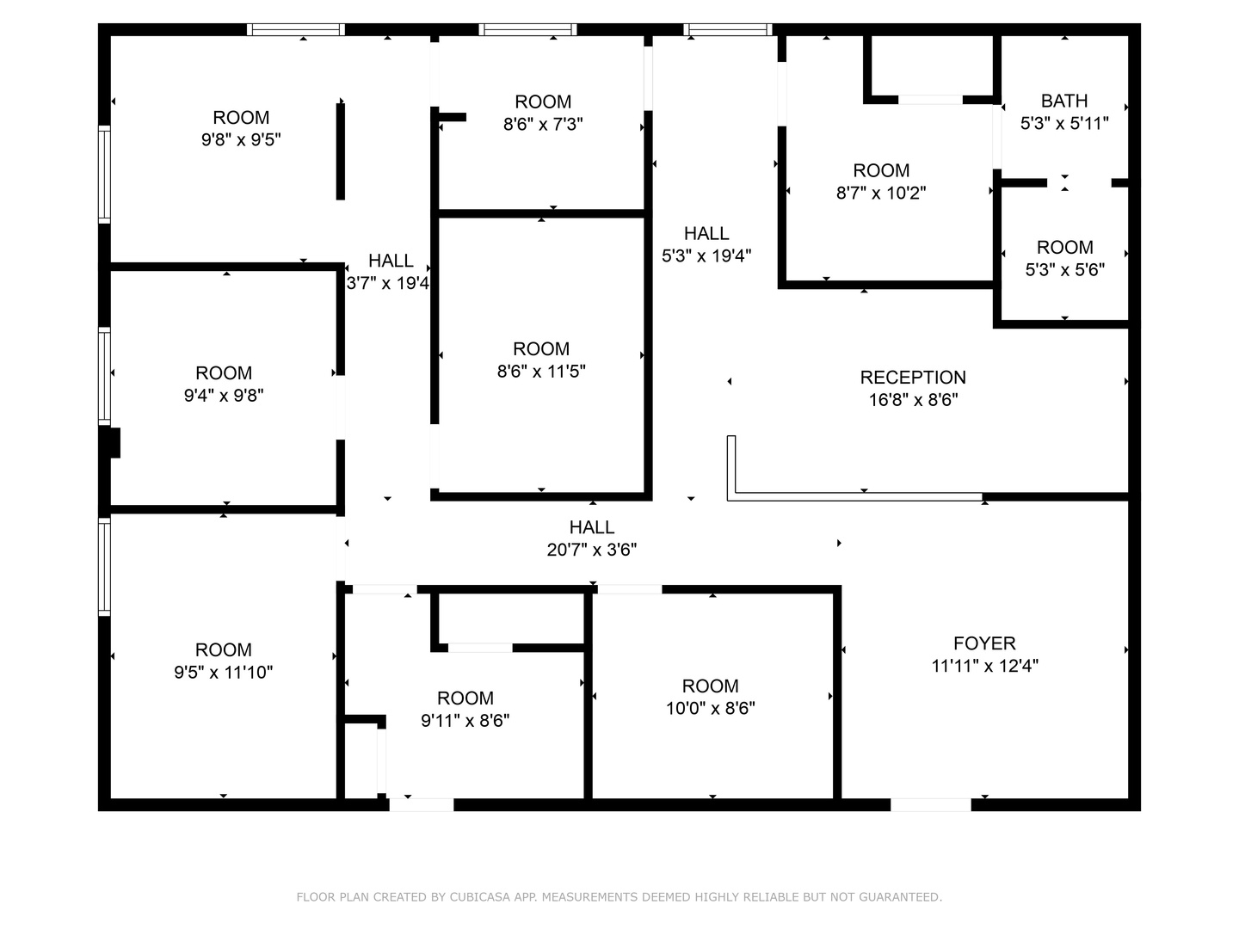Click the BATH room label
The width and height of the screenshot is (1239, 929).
(1064, 101)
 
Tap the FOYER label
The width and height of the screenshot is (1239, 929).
(984, 643)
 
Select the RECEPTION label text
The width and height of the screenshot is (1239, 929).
(913, 378)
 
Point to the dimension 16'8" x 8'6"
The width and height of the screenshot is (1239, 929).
(913, 400)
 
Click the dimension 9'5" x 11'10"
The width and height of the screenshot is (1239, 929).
(224, 673)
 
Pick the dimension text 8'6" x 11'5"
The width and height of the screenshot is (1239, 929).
(541, 371)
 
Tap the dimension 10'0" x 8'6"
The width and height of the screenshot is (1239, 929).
(710, 708)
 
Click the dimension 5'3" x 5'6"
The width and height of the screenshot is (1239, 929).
(1064, 269)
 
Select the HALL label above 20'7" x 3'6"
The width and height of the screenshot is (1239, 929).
(592, 527)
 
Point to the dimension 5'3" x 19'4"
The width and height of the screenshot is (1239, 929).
(706, 256)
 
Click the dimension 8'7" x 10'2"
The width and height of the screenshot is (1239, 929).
(881, 193)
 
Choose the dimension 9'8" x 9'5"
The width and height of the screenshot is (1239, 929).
(241, 139)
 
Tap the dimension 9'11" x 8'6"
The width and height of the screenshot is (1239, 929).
(465, 720)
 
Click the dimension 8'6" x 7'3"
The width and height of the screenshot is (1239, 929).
(543, 124)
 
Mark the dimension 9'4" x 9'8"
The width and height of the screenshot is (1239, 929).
(224, 396)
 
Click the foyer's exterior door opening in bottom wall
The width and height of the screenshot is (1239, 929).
(931, 805)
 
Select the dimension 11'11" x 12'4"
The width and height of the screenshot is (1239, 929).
(984, 666)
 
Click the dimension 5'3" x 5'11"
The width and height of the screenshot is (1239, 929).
(1064, 124)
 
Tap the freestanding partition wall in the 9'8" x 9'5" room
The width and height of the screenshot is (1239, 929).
(341, 151)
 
